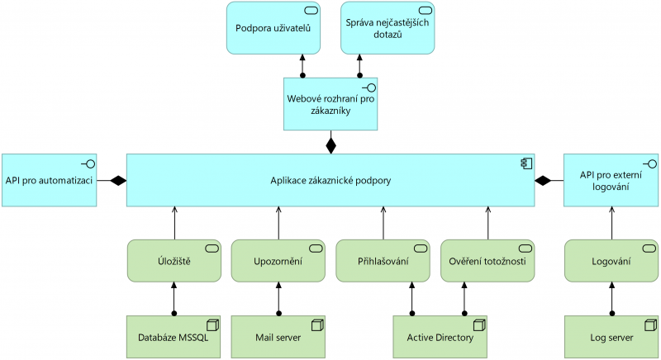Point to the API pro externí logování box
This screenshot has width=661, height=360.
tap(611, 179)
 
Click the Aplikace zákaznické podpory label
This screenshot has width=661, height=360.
tap(330, 180)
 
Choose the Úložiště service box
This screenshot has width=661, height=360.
tap(174, 261)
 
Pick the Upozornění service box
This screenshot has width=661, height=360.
tap(278, 261)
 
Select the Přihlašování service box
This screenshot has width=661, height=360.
tap(383, 261)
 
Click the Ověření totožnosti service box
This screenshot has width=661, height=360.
tap(487, 261)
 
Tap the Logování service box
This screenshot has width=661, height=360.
tap(611, 261)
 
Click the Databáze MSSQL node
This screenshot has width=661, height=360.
tap(174, 337)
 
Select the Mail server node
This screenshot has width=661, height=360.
tap(278, 337)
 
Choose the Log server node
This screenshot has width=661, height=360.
tap(611, 337)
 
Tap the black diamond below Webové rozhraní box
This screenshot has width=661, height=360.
tap(330, 145)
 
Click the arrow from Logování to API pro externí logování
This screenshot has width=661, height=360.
tap(611, 223)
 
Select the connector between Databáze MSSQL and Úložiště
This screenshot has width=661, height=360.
tap(174, 298)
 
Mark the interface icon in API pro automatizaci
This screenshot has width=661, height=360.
tap(86, 163)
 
